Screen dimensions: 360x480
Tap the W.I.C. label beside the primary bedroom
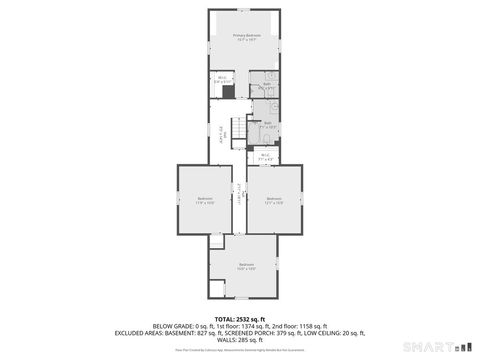click(220, 79)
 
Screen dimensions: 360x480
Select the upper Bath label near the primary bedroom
click(267, 87)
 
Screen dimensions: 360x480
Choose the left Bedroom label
click(205, 199)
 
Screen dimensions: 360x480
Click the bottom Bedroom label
click(246, 266)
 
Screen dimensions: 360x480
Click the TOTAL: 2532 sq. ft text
click(240, 318)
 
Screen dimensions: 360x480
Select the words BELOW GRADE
click(176, 326)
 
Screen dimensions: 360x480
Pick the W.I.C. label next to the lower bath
click(265, 155)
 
